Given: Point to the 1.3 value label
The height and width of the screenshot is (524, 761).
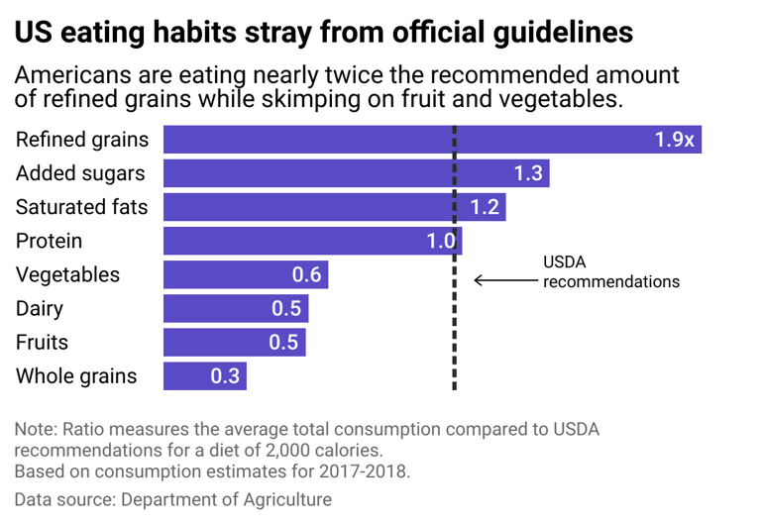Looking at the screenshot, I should pyautogui.click(x=528, y=173).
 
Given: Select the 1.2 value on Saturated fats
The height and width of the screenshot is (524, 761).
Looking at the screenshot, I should pyautogui.click(x=485, y=207).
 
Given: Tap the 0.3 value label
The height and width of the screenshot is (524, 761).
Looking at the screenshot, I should pyautogui.click(x=225, y=376).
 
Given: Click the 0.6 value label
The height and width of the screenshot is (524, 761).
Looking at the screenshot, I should pyautogui.click(x=306, y=274).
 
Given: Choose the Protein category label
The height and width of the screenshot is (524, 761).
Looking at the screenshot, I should pyautogui.click(x=49, y=241).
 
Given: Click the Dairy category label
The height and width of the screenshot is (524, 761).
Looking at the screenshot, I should pyautogui.click(x=40, y=308).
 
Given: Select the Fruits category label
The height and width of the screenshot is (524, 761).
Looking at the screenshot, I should pyautogui.click(x=41, y=342).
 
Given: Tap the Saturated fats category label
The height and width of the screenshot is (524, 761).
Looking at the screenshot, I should pyautogui.click(x=81, y=207).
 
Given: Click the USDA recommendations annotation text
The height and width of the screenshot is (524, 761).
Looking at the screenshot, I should pyautogui.click(x=610, y=271).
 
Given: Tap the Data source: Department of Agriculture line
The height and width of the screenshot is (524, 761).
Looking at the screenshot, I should pyautogui.click(x=172, y=500).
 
